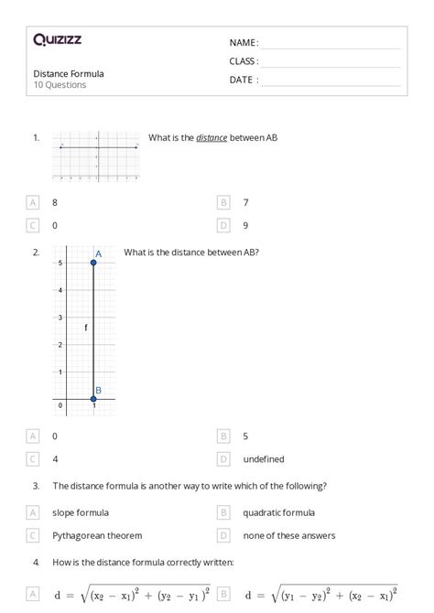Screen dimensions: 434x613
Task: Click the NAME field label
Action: click(x=244, y=42)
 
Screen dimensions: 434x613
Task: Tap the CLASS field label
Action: click(x=244, y=61)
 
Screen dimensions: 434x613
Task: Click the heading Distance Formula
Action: click(x=69, y=73)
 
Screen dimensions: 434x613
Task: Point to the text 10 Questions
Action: click(x=60, y=85)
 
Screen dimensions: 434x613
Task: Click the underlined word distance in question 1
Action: click(x=212, y=138)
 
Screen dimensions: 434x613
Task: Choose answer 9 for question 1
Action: click(x=245, y=225)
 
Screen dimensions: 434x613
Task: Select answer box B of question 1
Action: click(x=222, y=202)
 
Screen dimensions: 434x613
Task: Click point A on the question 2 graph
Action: click(x=93, y=263)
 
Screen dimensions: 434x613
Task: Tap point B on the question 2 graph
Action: click(x=93, y=399)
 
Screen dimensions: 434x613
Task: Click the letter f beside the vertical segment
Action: click(x=85, y=327)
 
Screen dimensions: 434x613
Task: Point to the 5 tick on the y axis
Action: click(x=60, y=263)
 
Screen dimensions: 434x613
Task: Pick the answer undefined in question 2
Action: click(x=264, y=459)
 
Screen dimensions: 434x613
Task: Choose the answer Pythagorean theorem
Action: click(x=98, y=535)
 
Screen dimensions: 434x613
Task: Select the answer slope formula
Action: click(x=81, y=512)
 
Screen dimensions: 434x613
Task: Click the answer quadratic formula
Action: click(x=278, y=512)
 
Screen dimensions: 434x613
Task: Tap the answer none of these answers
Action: click(x=288, y=535)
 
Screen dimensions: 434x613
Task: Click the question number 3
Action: click(x=36, y=487)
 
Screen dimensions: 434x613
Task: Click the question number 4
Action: click(x=36, y=562)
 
